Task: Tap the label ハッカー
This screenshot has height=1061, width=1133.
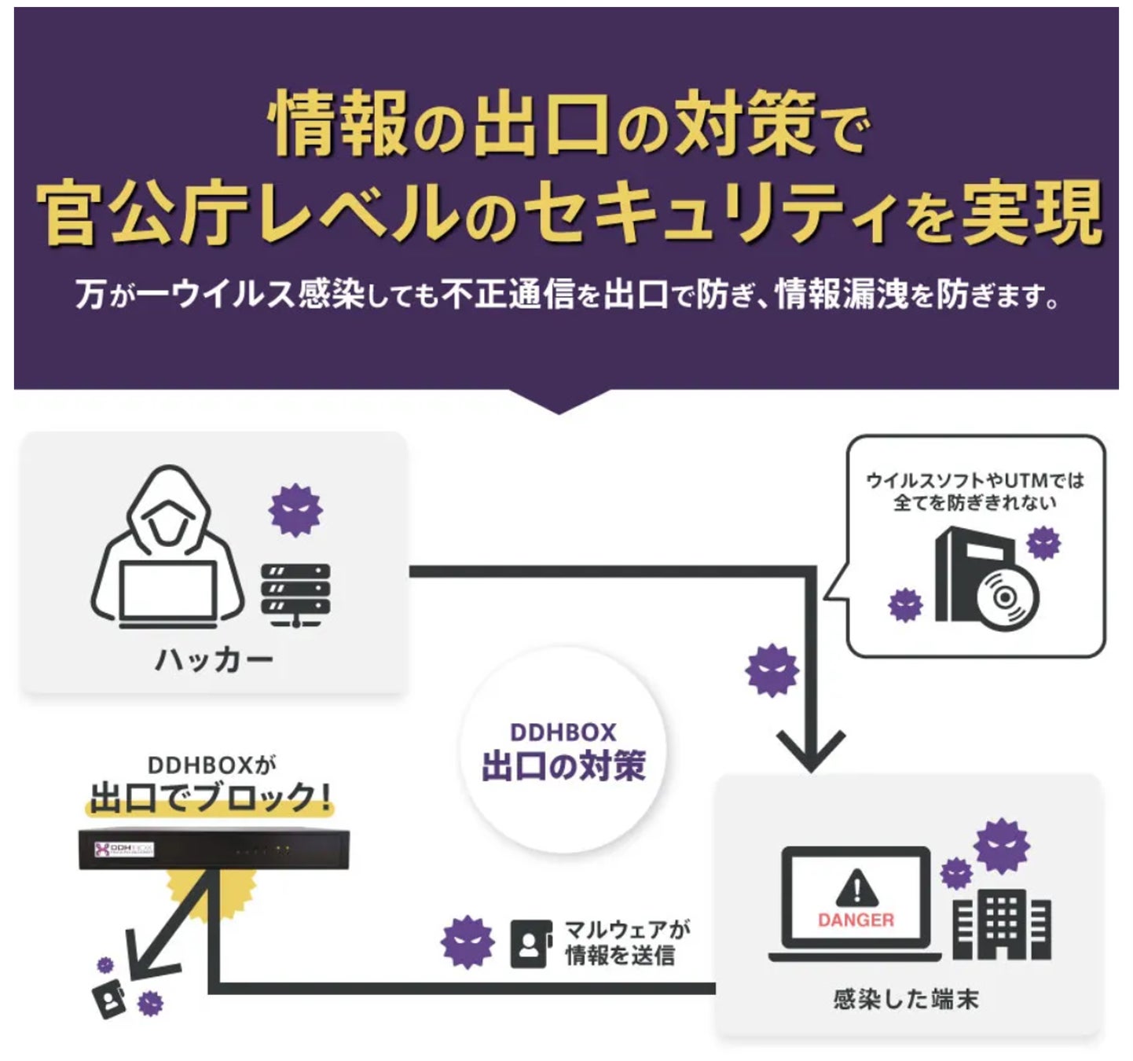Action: tap(214, 659)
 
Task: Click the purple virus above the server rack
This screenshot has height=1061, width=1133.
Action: tap(295, 510)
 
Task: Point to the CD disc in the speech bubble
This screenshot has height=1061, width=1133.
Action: tap(1006, 597)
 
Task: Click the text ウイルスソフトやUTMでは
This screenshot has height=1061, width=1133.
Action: tap(974, 480)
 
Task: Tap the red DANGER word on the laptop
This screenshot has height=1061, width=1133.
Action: tap(856, 920)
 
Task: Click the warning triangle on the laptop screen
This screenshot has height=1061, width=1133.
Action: tap(856, 887)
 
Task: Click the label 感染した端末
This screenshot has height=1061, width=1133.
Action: tap(905, 999)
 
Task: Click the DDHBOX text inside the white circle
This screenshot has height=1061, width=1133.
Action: tap(563, 732)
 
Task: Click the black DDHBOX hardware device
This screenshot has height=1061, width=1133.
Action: tap(213, 850)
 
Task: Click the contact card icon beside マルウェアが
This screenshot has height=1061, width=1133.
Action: tap(530, 944)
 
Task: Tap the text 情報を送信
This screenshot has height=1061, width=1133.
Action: tap(619, 956)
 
